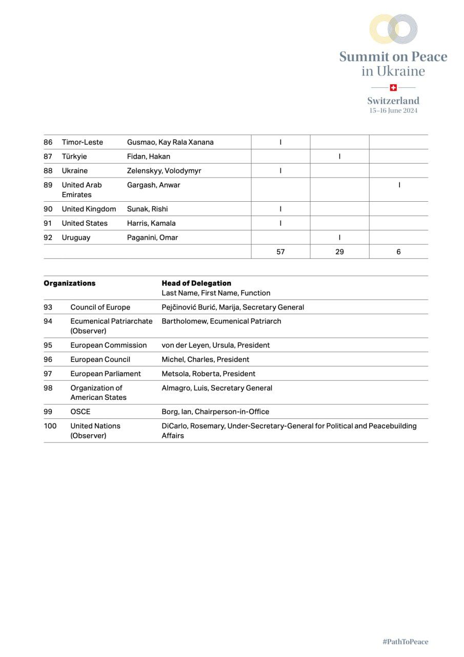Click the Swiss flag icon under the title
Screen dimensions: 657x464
click(x=393, y=88)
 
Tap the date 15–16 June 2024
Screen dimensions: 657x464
click(x=393, y=110)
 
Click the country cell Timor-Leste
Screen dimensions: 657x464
click(x=83, y=142)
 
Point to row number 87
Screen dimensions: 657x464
click(x=48, y=157)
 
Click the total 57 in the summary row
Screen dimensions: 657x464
click(x=280, y=252)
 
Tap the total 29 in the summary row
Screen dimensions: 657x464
click(x=339, y=252)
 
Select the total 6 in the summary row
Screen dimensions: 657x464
click(x=398, y=252)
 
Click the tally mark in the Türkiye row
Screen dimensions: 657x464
click(x=339, y=157)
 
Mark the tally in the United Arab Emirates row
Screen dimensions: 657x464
click(x=399, y=185)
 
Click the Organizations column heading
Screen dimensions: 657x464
click(x=69, y=283)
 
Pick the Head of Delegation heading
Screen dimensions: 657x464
click(x=196, y=283)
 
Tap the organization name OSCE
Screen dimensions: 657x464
click(x=80, y=412)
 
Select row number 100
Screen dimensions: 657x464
click(x=50, y=426)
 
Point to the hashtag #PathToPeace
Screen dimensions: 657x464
click(x=405, y=642)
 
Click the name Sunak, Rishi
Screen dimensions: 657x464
click(x=147, y=209)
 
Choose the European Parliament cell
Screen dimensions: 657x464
click(x=106, y=374)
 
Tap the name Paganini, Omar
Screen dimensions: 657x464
click(x=153, y=238)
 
